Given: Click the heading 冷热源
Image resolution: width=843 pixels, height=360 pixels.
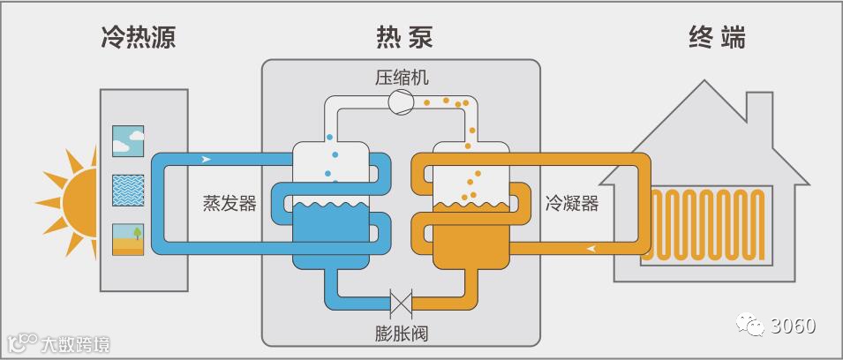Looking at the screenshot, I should point(138,38).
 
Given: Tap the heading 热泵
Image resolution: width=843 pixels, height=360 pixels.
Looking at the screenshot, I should point(403,38).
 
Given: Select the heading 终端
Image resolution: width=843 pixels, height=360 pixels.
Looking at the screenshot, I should point(717,38).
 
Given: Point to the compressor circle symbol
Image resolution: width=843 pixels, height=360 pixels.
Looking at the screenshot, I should point(401,101).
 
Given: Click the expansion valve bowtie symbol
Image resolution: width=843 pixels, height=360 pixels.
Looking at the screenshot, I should point(402,305).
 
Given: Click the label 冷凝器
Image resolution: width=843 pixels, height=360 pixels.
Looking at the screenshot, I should point(572,204).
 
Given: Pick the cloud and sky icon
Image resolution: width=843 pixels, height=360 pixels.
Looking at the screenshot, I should point(128,139).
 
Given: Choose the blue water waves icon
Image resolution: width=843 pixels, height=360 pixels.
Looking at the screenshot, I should point(128,189).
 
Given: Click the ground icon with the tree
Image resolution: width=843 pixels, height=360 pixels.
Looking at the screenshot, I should point(128,238).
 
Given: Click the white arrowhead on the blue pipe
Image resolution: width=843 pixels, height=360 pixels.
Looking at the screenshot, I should point(207,160).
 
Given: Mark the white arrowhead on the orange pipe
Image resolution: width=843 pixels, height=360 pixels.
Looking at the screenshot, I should point(590,248).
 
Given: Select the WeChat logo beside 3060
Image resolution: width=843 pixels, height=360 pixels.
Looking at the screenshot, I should point(751,326).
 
